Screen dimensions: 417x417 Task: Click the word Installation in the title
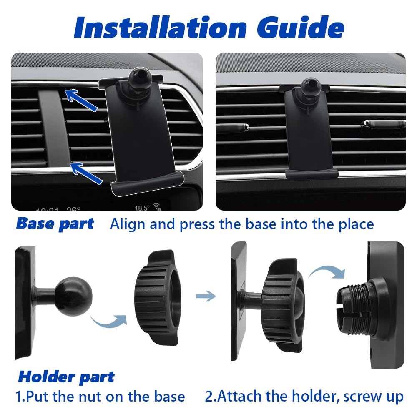161,27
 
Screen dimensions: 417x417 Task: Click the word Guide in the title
301,27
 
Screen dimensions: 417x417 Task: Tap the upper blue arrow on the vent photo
81,100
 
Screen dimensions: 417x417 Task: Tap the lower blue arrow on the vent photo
86,173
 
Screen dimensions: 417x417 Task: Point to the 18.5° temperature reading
142,207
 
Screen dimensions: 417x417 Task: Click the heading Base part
55,224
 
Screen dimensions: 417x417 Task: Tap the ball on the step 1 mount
74,296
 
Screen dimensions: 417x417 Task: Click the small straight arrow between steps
206,296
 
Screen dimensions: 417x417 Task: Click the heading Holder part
66,377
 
